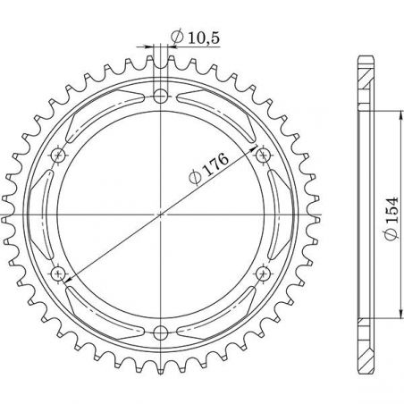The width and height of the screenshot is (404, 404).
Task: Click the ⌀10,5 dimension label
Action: point(196,38)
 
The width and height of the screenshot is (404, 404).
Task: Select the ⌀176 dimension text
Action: point(209,169)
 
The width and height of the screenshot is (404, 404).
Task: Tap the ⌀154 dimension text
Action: point(391,218)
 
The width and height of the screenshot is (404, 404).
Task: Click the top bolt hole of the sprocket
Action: point(161,96)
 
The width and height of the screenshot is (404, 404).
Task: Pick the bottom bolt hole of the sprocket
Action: point(161,332)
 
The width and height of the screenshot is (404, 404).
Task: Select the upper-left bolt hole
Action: point(58,155)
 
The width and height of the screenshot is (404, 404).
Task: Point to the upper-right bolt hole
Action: point(263,155)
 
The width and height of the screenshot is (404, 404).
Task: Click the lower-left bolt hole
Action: point(58,274)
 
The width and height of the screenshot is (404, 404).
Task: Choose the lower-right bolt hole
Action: point(263,274)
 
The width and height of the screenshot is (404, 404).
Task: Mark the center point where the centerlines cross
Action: point(161,215)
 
